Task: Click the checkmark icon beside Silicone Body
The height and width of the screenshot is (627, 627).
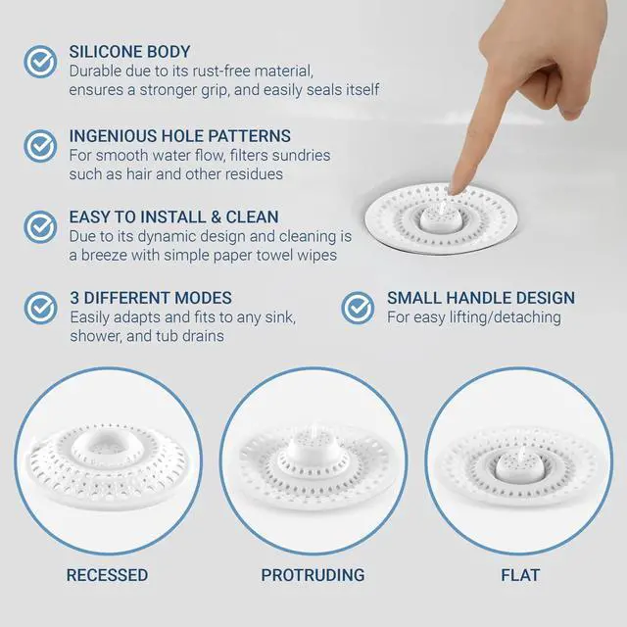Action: (40, 61)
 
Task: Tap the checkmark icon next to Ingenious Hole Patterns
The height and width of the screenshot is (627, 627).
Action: (40, 146)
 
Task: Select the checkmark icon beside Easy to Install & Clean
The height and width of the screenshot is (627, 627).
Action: (40, 226)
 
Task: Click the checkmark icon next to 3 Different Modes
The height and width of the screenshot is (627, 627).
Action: (40, 308)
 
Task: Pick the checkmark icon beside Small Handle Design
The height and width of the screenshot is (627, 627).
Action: (358, 308)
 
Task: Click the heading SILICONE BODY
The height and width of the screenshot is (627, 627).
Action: (129, 52)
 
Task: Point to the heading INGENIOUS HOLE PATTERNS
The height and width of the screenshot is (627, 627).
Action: (180, 136)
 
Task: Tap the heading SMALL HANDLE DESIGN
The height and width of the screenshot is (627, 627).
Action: (481, 298)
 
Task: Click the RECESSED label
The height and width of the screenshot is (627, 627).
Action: (107, 575)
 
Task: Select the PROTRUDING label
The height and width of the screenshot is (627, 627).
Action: (313, 575)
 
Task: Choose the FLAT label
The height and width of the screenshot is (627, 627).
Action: (520, 575)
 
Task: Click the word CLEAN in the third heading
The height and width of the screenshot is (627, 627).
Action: (253, 217)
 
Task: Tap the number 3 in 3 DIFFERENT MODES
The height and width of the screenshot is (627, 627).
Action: (74, 298)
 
